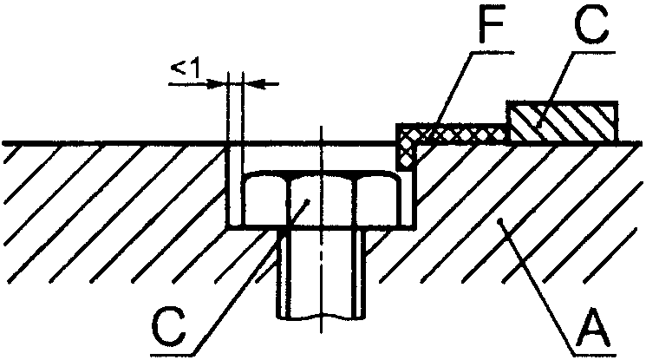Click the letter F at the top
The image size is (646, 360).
pos(489,30)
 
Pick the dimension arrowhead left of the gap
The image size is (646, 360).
pos(217,83)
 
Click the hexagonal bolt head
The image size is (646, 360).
pos(321,201)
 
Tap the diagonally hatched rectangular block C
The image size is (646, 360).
pos(563,122)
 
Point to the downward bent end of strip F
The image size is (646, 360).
pos(406,153)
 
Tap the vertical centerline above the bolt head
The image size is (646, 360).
pos(321,147)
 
